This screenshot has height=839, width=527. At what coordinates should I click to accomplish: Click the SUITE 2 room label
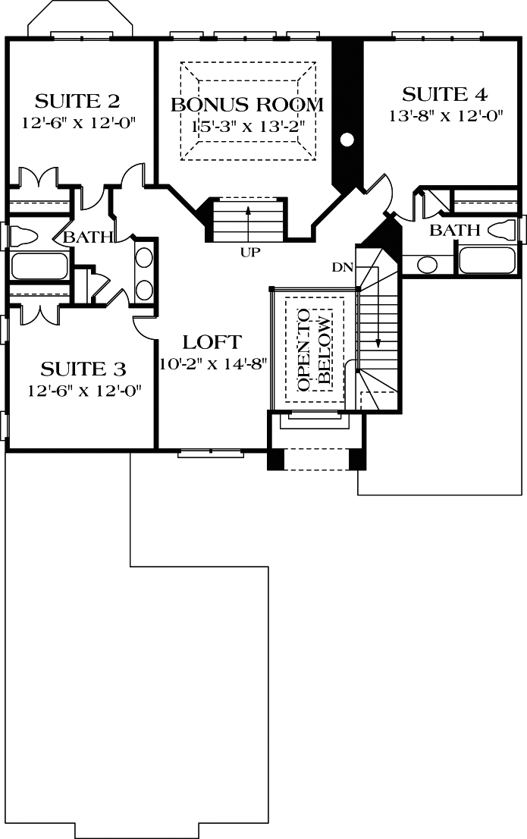(78, 101)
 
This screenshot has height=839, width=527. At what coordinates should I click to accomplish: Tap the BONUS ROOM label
(247, 105)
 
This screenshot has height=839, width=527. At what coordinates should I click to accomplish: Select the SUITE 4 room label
(444, 95)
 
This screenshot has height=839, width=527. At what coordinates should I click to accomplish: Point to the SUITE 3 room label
(83, 369)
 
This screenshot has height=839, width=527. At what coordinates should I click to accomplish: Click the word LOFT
(212, 342)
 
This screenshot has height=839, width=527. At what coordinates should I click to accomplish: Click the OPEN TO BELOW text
(314, 350)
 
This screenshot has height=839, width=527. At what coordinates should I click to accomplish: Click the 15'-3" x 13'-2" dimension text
(247, 124)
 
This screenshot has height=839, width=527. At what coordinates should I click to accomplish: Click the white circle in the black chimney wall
(347, 139)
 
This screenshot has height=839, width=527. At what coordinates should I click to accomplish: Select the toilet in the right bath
(507, 230)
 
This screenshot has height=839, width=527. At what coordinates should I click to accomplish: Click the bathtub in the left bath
(38, 266)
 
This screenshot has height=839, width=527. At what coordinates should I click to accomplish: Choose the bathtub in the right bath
(490, 260)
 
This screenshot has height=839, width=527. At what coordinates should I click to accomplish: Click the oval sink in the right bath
(427, 265)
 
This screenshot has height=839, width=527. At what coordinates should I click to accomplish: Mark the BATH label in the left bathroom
(88, 237)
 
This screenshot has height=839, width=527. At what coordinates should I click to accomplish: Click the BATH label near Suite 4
(455, 230)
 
